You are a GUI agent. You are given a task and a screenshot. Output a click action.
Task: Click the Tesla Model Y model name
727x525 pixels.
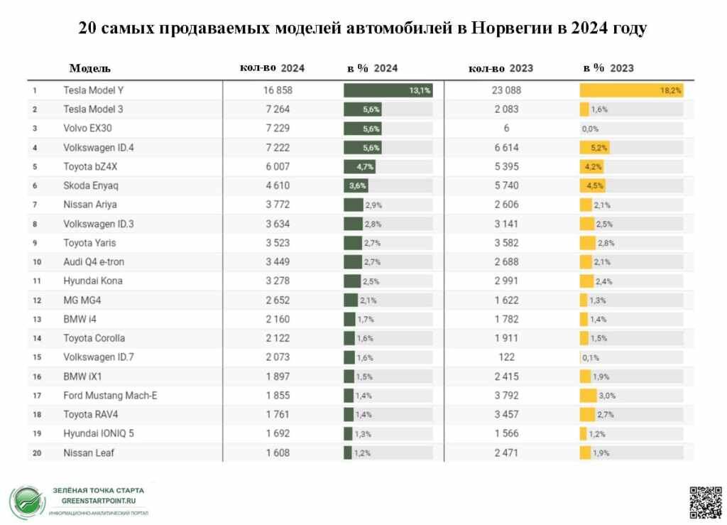[98, 90]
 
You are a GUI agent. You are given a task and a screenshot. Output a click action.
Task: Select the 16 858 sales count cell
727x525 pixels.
[277, 90]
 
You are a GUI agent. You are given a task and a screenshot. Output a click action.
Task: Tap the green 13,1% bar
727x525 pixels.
[388, 90]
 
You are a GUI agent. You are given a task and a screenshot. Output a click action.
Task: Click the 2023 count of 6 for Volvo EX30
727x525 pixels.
[506, 129]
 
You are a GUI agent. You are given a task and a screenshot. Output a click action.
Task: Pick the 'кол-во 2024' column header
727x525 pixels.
[273, 68]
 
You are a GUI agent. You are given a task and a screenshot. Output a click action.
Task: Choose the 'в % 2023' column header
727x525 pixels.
[608, 68]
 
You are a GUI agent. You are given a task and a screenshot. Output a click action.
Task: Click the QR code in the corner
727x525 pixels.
[705, 501]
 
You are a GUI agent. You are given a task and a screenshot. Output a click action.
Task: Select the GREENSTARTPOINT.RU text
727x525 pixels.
[98, 499]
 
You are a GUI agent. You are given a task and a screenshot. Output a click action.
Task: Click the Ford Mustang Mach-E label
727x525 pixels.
[110, 395]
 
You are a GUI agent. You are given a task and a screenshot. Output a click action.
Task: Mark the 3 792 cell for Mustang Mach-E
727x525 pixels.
[506, 395]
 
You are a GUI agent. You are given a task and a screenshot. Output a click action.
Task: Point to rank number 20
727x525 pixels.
[34, 453]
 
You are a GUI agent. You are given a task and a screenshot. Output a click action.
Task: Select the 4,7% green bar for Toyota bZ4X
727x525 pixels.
[359, 167]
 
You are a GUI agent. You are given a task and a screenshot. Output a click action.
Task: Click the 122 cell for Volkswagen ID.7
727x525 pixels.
[506, 357]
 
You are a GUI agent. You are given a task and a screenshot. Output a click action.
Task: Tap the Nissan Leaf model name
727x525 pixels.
[89, 453]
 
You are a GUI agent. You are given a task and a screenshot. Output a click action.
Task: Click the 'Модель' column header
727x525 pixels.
[89, 68]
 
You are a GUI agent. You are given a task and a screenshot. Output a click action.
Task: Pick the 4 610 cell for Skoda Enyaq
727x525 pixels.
[277, 185]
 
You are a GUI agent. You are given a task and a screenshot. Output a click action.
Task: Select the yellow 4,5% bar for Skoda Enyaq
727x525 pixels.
[592, 185]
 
